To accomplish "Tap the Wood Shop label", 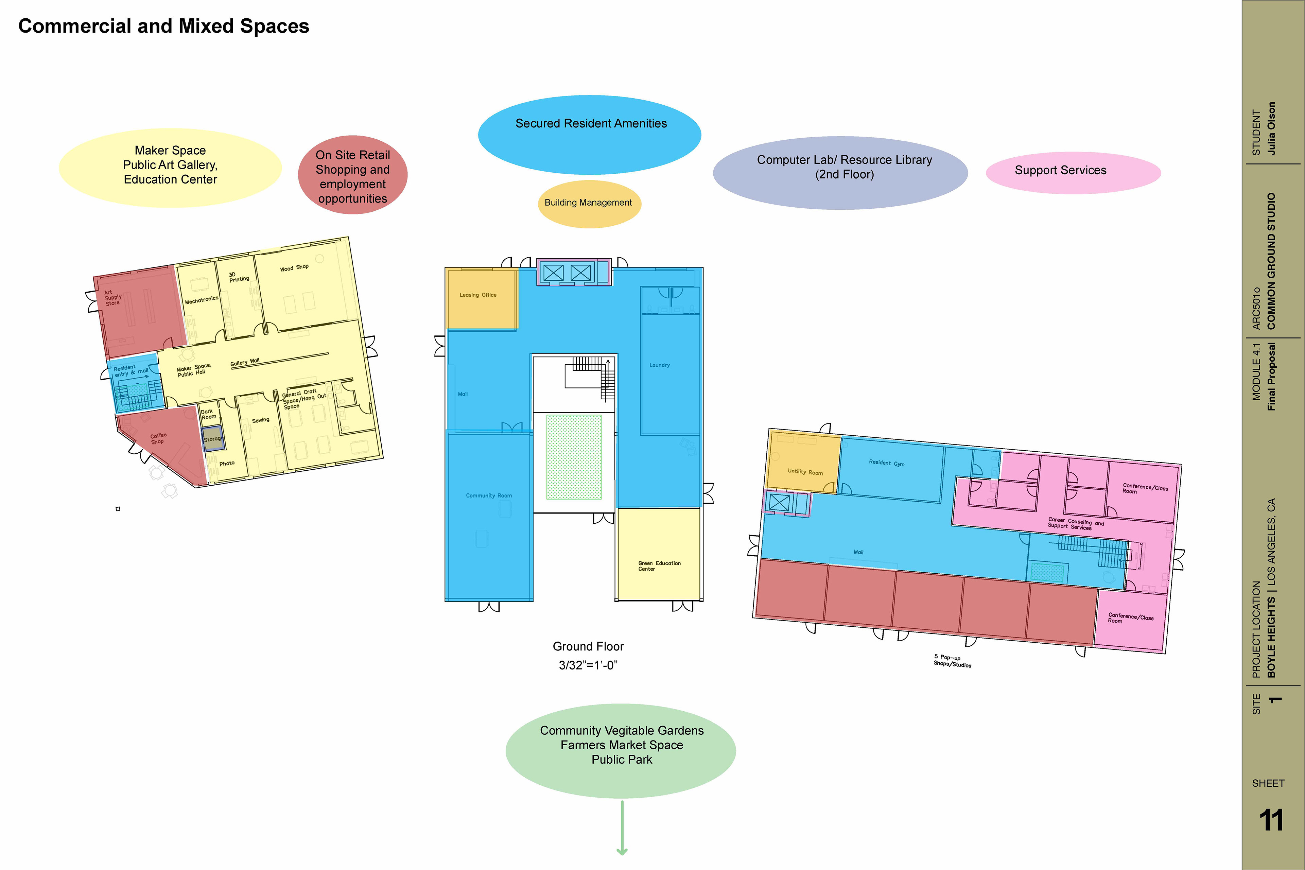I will pos(294,267).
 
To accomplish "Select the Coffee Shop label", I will pos(158,438).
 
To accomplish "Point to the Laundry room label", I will pos(659,365).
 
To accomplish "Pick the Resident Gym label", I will pos(886,463).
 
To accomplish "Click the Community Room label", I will pos(488,495).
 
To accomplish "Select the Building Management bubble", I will pos(589,203).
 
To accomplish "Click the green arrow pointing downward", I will pos(622,830).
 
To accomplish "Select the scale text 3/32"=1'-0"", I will pos(588,665).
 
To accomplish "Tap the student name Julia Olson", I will pos(1272,128).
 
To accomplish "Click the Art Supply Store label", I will pos(112,298).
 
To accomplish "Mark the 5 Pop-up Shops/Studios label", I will pos(952,660).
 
